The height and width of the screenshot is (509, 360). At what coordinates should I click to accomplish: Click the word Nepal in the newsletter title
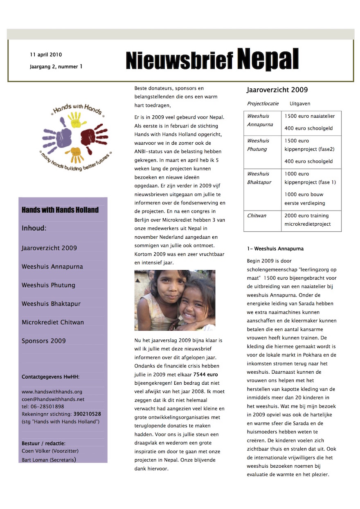coord(268,60)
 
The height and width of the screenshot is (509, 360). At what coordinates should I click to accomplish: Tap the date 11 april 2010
coord(46,55)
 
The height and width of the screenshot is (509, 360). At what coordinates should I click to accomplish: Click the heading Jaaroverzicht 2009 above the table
coord(277,90)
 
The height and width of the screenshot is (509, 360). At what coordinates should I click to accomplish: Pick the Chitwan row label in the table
coord(256,215)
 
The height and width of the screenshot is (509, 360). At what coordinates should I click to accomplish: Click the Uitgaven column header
coord(300,104)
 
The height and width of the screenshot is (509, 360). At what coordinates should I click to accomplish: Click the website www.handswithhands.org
coord(52,391)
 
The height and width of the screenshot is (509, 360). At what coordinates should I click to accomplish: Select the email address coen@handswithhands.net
coord(53,399)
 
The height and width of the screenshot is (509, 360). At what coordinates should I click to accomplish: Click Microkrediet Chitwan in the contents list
coord(53,322)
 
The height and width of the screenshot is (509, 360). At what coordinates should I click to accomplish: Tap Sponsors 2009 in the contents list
coord(44,341)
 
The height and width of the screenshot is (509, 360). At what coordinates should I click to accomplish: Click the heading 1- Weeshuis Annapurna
coord(275,249)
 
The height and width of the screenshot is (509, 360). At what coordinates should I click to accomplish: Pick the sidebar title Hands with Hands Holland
coord(60,210)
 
